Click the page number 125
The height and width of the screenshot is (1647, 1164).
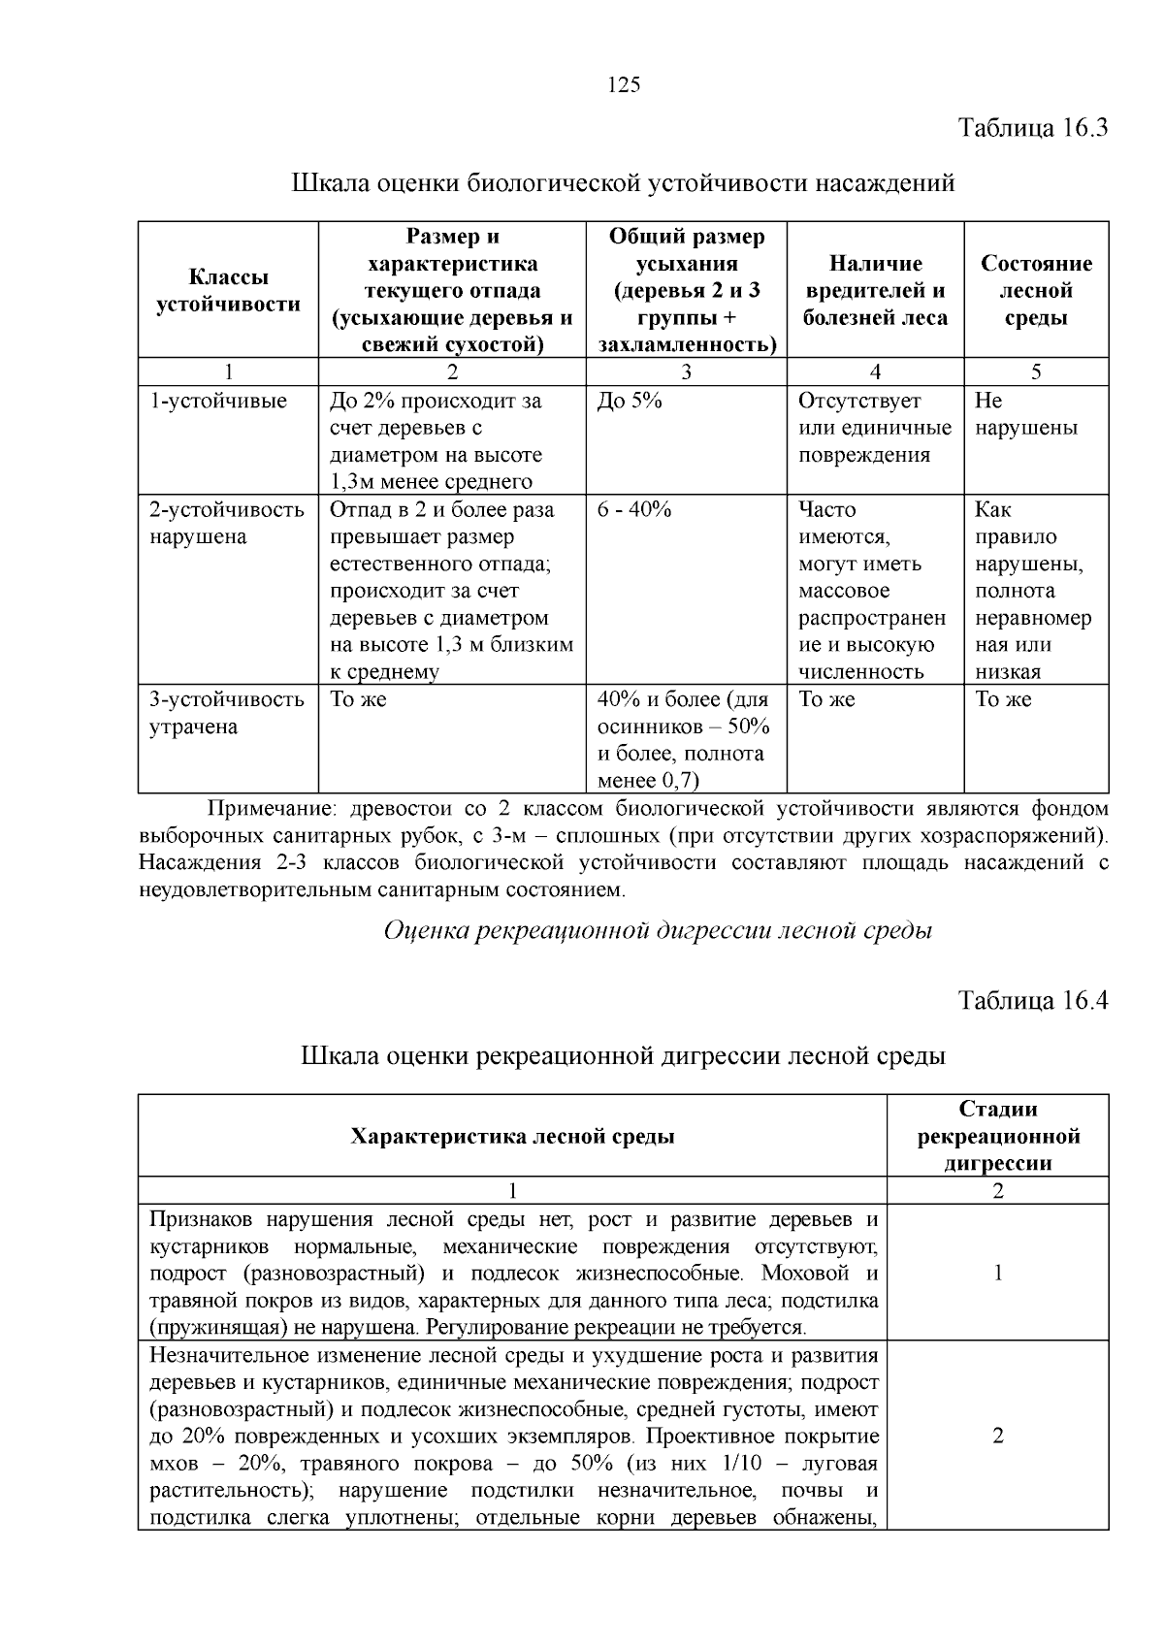coord(624,85)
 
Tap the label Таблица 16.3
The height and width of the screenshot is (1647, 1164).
coord(1032,128)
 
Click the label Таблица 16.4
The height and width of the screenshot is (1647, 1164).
coord(1032,1000)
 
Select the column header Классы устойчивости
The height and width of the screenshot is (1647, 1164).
coord(228,291)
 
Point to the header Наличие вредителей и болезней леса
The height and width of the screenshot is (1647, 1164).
coord(875,291)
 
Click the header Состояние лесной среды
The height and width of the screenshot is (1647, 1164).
coord(1036,291)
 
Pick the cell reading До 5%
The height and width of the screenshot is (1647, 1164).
coord(630,402)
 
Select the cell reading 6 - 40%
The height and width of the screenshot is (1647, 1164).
coord(634,510)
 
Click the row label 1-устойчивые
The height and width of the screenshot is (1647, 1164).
coord(218,402)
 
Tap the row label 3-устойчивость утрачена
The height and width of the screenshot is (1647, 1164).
coord(227,713)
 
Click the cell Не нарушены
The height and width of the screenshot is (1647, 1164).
coord(1025,415)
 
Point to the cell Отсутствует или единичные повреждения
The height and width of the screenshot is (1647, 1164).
coord(874,428)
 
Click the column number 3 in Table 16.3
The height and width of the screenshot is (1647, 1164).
coord(686,372)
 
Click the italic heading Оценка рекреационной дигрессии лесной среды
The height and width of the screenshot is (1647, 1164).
coord(658,931)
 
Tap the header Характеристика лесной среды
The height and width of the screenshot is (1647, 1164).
coord(512,1136)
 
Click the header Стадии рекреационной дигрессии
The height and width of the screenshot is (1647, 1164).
coord(998,1136)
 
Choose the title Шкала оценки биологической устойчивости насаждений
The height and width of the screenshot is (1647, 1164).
coord(624,182)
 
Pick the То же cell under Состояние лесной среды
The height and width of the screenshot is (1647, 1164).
coord(1003,700)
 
